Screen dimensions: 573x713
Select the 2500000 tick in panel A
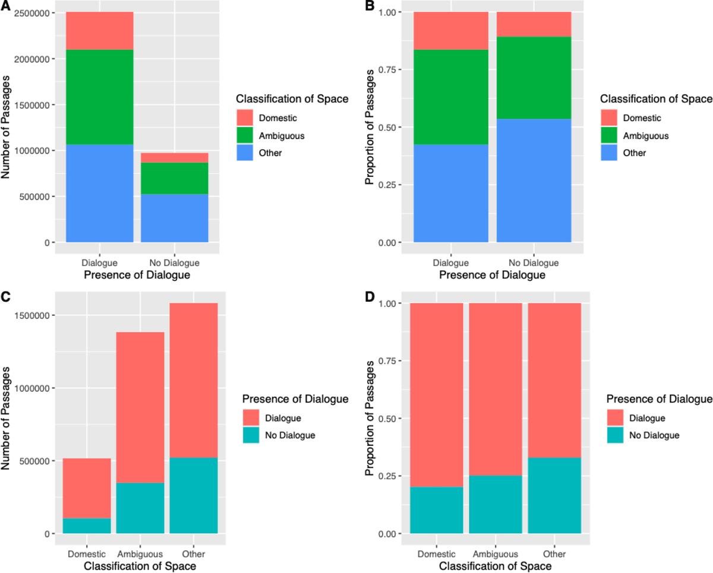click(31, 13)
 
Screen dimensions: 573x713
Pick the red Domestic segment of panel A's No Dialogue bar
click(174, 157)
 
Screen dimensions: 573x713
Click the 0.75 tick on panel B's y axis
click(394, 69)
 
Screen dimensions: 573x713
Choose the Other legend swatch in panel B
click(608, 153)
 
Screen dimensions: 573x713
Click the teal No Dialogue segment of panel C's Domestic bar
click(87, 525)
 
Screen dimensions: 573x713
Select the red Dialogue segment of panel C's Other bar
click(193, 380)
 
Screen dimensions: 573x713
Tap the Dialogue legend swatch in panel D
click(615, 418)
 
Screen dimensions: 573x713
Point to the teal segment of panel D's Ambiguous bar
click(495, 504)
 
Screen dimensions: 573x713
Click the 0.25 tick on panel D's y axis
click(394, 476)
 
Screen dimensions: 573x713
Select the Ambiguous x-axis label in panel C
click(140, 553)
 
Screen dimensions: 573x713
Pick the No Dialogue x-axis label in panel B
click(534, 262)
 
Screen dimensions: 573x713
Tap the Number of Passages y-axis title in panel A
click(8, 127)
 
